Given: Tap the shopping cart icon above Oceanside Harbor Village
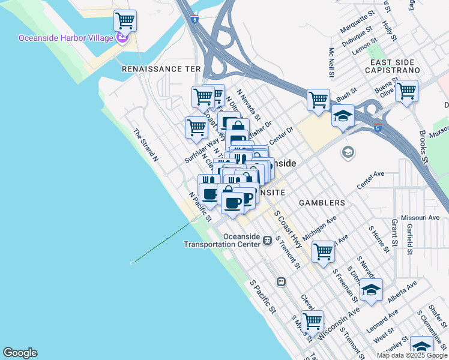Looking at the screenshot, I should [125, 21].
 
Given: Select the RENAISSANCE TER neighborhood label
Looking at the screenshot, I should [161, 69].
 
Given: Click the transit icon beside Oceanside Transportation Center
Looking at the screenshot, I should [267, 239].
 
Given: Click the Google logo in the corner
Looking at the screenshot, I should [20, 353].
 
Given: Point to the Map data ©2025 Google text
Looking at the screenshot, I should [411, 355].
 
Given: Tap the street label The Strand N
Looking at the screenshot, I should [145, 146].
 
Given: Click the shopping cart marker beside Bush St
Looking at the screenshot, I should [318, 100].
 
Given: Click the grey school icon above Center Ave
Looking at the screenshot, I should [347, 152].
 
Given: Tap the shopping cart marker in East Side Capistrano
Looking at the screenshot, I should [406, 91].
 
